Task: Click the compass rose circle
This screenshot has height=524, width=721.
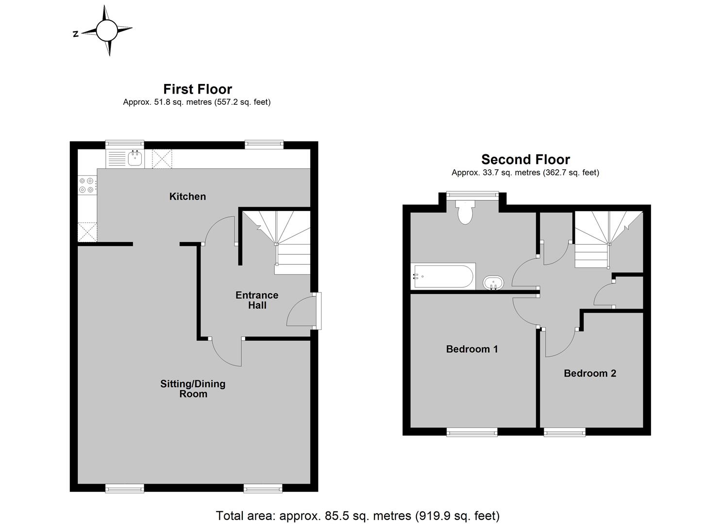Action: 107,30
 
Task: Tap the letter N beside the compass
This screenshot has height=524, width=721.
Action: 76,34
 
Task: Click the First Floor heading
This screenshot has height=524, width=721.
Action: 198,89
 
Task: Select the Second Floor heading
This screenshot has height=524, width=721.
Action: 526,160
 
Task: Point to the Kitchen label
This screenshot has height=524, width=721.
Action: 187,196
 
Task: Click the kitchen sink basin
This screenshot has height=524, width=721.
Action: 135,158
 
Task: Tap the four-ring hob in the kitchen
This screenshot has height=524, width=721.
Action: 87,186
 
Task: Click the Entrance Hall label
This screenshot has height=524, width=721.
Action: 257,300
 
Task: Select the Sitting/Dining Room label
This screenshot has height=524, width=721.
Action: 193,389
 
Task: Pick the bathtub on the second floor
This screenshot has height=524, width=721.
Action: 443,277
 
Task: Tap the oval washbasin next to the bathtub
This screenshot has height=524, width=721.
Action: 493,283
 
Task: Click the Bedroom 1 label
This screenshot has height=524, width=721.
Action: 472,349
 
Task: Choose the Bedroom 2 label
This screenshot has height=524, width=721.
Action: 590,373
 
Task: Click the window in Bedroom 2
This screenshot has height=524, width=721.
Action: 565,432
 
